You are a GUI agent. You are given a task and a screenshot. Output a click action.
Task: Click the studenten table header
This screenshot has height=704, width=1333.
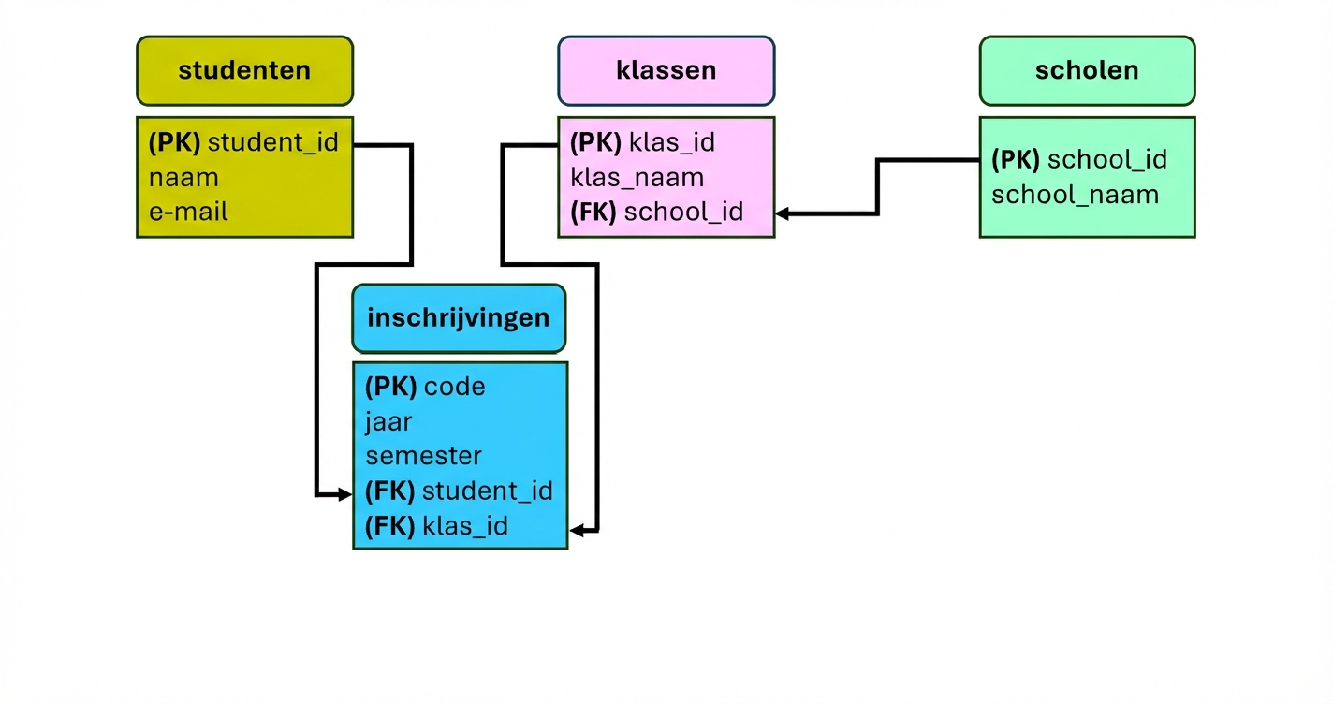[244, 70]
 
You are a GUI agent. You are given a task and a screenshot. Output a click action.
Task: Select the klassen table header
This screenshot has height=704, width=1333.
[666, 70]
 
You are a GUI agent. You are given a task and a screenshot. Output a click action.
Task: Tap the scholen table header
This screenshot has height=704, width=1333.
[1087, 70]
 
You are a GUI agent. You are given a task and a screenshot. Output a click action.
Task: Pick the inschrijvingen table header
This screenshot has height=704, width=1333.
[459, 317]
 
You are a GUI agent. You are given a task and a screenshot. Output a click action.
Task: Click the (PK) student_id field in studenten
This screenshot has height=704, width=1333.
[243, 143]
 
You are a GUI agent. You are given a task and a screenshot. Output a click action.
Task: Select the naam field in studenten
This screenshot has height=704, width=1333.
[183, 178]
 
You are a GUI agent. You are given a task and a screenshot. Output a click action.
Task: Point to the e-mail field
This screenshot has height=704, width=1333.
[188, 212]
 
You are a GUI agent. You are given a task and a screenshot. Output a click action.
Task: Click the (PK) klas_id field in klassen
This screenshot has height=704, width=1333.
[642, 143]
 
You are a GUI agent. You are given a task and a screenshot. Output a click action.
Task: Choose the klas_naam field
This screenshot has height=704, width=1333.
[637, 178]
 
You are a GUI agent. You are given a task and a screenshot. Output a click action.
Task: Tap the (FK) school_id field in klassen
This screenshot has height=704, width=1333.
[656, 213]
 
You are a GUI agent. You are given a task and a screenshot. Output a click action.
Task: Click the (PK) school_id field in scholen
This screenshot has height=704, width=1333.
[1078, 160]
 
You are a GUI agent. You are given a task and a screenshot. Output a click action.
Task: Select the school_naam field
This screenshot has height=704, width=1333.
[1075, 195]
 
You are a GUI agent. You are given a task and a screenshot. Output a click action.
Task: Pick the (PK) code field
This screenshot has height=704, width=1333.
[425, 387]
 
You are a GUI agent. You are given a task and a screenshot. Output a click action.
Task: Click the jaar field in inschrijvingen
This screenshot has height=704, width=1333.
[388, 421]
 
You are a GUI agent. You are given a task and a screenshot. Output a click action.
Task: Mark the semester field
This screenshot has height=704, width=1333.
[423, 456]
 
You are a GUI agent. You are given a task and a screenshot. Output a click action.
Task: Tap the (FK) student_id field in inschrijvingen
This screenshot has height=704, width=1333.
[459, 491]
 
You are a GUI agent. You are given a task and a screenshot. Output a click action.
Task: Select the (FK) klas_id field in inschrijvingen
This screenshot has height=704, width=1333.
[436, 526]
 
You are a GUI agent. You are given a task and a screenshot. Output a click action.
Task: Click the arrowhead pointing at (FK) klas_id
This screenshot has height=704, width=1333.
[578, 531]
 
